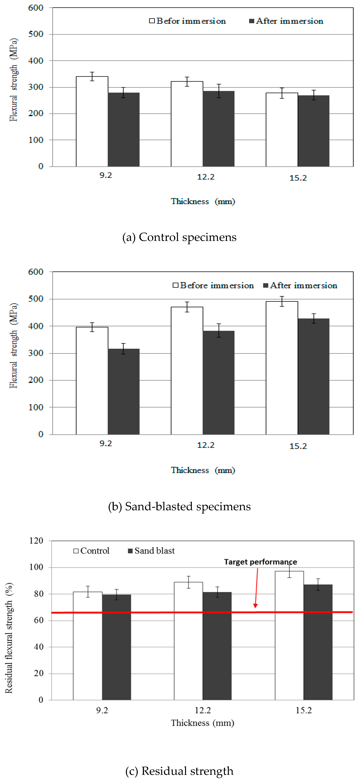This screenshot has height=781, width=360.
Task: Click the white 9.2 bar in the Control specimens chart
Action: [92, 121]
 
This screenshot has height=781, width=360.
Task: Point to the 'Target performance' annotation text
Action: [260, 562]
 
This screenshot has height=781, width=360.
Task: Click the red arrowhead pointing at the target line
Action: [255, 605]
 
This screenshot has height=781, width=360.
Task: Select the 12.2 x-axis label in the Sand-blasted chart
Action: [206, 445]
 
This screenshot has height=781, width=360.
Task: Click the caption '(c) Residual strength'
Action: [179, 771]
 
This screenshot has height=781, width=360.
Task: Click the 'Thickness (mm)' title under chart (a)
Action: [203, 201]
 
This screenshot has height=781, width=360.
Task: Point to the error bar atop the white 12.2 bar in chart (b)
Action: [187, 307]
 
